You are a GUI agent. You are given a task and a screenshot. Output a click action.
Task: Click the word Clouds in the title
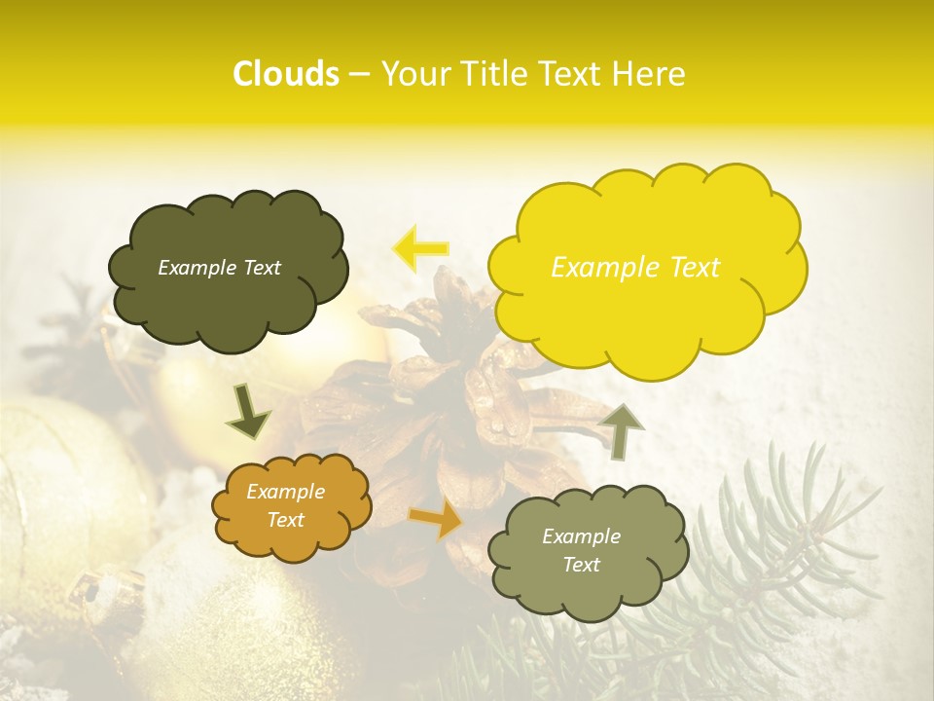tap(286, 74)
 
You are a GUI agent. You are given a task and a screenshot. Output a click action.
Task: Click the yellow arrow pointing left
tap(420, 247)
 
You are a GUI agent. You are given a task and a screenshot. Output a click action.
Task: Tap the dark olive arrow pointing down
tap(248, 412)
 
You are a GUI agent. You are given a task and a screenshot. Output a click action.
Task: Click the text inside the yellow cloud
tap(635, 268)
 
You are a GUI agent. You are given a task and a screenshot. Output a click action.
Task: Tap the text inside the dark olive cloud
tap(219, 268)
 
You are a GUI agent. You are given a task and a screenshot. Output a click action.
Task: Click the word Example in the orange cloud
tap(286, 493)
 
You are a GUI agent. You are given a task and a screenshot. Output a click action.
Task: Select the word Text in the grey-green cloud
tap(582, 565)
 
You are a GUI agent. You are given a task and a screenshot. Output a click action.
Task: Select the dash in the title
tap(360, 74)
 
